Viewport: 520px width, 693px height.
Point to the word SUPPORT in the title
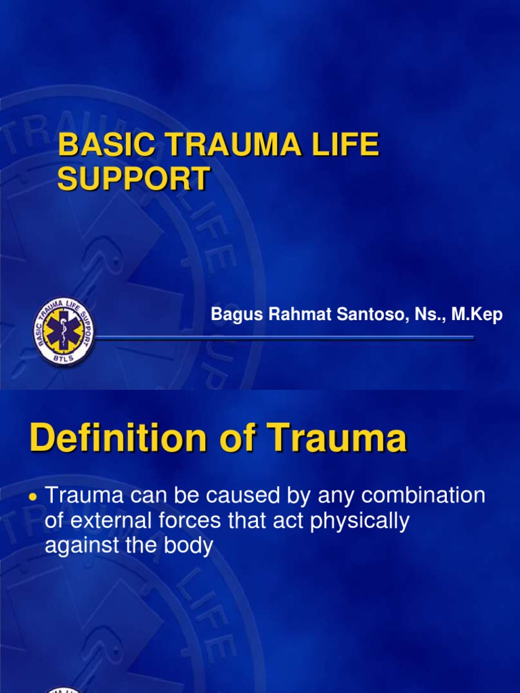(x=133, y=179)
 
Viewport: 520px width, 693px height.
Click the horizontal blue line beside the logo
(x=284, y=336)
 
